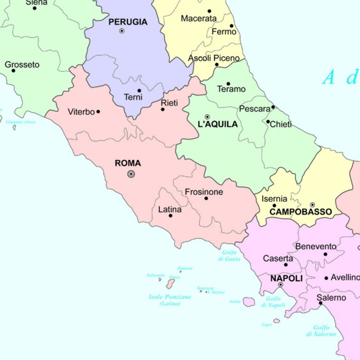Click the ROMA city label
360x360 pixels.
tap(128, 163)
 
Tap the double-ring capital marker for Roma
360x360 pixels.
tap(131, 174)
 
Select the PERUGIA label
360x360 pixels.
tap(128, 22)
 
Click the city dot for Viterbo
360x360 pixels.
tap(98, 112)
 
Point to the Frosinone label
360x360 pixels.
tap(204, 192)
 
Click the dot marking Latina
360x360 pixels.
tap(171, 216)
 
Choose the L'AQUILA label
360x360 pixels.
tap(218, 124)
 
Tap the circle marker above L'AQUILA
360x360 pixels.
tap(207, 117)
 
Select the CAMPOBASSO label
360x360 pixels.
tap(301, 211)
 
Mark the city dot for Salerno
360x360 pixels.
tap(320, 303)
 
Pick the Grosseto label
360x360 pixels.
tap(22, 65)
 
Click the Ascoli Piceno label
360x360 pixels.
tap(214, 58)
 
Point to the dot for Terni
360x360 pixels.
tap(139, 90)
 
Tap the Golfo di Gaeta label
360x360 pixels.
tap(229, 256)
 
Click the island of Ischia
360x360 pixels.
tap(249, 302)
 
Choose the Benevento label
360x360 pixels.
tap(315, 247)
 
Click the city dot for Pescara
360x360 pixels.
tap(273, 107)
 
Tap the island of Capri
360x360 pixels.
tap(276, 321)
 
